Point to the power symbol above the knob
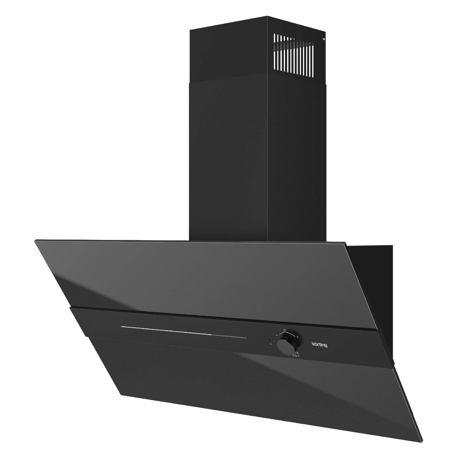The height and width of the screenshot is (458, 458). coord(284,331)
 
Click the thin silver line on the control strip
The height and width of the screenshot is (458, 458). coord(183,332)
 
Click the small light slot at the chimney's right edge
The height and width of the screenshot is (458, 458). coord(324,39)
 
